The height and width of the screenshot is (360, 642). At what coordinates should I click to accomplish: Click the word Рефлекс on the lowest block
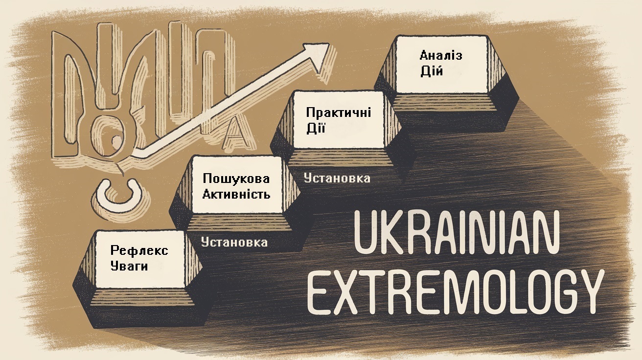click(x=139, y=251)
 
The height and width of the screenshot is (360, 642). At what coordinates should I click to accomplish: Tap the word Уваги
click(x=129, y=267)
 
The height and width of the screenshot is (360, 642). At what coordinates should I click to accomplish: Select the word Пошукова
click(x=236, y=179)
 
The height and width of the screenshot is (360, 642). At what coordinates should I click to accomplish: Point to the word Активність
click(x=236, y=194)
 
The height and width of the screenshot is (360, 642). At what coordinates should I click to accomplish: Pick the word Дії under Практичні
click(x=316, y=129)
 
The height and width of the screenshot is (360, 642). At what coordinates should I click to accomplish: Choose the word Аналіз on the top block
click(x=440, y=55)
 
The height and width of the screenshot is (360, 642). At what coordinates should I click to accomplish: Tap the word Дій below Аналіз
click(x=431, y=71)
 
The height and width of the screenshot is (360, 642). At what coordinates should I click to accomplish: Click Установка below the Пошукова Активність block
click(x=234, y=242)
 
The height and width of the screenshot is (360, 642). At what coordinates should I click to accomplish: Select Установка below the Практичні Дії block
click(x=337, y=178)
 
